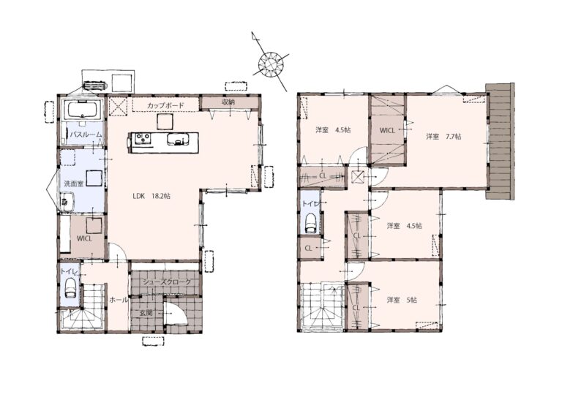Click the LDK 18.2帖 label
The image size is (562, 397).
click(x=151, y=196)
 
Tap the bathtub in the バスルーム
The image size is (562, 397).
click(x=83, y=109)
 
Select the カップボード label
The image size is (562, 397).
click(x=165, y=105)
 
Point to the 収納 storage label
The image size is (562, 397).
click(x=228, y=102)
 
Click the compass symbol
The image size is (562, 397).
click(x=271, y=64)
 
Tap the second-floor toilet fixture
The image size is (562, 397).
click(x=310, y=224)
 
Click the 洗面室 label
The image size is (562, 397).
click(x=74, y=184)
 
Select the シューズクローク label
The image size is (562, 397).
click(x=167, y=282)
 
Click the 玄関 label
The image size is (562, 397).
click(x=146, y=312)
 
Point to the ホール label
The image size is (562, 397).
click(x=119, y=300)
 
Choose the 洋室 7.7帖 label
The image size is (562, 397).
click(x=443, y=137)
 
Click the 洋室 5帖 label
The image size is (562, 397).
click(x=402, y=300)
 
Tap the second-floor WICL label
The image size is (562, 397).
click(x=387, y=131)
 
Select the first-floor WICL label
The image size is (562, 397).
click(x=85, y=238)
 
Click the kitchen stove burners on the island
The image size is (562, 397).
click(x=142, y=138)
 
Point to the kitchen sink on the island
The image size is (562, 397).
click(x=178, y=139)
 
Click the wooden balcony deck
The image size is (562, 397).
click(x=500, y=141)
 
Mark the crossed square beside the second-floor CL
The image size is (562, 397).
click(x=359, y=177)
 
